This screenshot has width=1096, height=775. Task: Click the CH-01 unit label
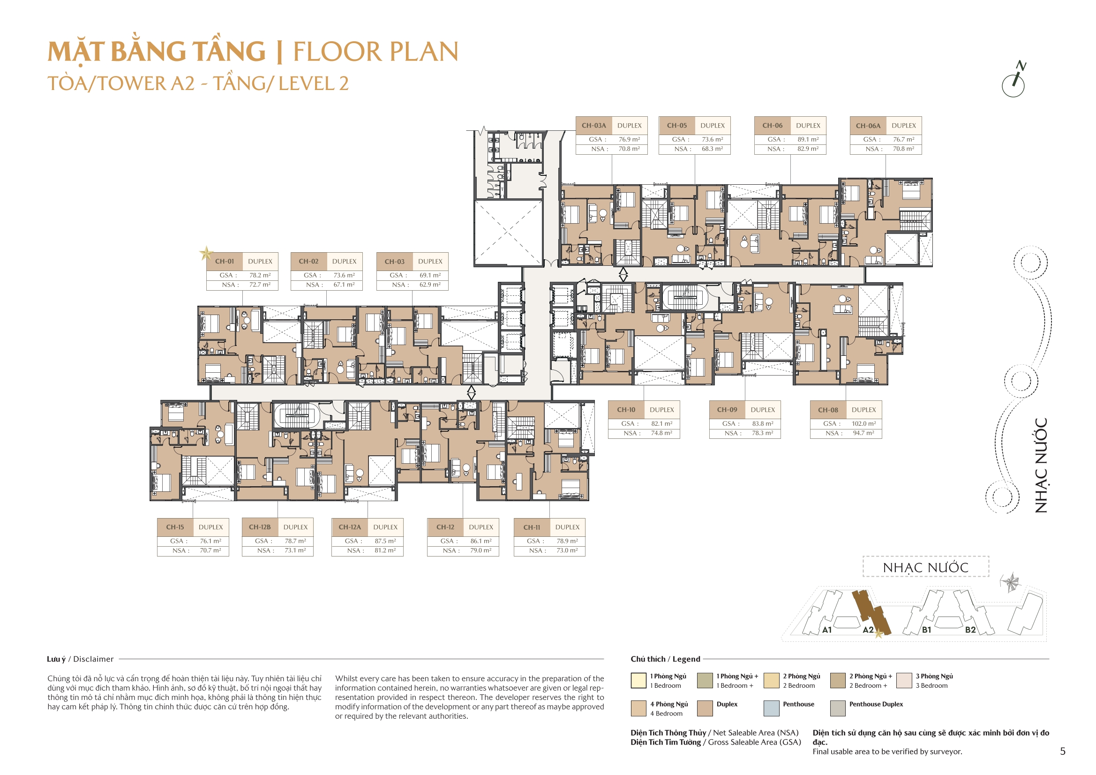(x=225, y=261)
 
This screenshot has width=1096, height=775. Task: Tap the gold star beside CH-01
(x=206, y=253)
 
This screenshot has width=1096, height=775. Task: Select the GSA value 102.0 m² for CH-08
(x=863, y=423)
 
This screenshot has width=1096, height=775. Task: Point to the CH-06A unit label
(x=868, y=126)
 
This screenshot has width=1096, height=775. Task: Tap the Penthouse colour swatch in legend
(x=772, y=708)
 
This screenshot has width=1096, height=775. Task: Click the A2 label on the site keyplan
(x=868, y=630)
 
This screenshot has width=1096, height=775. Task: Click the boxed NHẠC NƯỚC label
(x=925, y=567)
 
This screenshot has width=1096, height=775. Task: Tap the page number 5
(x=1062, y=751)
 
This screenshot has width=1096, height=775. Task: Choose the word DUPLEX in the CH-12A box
(x=385, y=527)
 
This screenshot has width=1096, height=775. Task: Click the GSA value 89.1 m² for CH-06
(x=808, y=139)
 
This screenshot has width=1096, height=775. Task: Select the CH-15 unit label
(x=175, y=527)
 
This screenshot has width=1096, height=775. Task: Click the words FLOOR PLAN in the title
(x=375, y=52)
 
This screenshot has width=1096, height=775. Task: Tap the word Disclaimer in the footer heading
(x=93, y=659)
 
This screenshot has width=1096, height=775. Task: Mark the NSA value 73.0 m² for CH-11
(x=567, y=550)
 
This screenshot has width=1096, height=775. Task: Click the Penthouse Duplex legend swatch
(x=838, y=708)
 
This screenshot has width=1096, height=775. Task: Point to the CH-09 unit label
(x=727, y=410)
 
